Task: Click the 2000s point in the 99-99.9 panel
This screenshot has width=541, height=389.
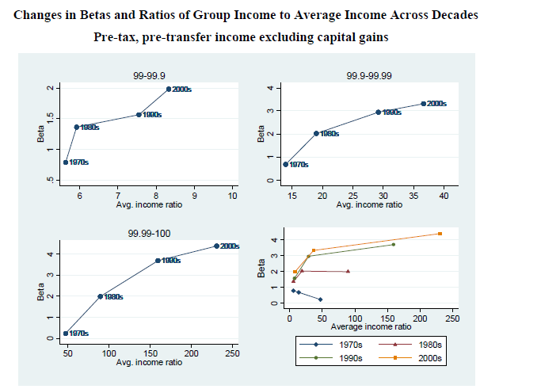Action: (169, 90)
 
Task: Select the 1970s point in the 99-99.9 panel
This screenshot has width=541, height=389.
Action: (66, 162)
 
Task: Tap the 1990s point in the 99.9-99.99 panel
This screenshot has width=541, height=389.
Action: (379, 113)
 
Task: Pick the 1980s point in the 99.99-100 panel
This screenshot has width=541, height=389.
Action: (101, 296)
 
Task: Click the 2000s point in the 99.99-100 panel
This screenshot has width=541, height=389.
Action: (216, 246)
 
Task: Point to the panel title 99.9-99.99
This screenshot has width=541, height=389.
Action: (368, 74)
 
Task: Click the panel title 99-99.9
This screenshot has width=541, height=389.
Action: (149, 74)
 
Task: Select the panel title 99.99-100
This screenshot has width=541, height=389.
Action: (149, 234)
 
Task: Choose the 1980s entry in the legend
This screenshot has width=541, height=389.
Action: (416, 345)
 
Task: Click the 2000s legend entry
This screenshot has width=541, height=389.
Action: (416, 358)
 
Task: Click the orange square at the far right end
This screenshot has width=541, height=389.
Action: (440, 234)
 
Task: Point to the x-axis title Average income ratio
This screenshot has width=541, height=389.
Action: (370, 326)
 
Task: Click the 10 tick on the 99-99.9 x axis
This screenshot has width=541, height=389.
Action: (233, 195)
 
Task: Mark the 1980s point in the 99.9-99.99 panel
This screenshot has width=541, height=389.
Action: (316, 133)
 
